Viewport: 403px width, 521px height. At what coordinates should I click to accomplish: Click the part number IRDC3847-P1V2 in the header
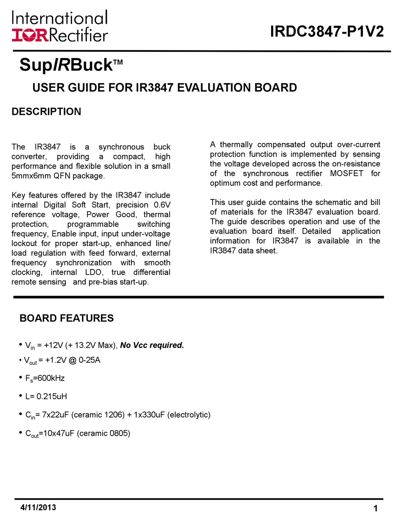pos(327,31)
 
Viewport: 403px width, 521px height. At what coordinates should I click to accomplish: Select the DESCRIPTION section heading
pos(46,112)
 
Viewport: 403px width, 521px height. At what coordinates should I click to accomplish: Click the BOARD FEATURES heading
pos(67,318)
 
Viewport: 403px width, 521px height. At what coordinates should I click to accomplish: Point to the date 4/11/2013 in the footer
pos(38,507)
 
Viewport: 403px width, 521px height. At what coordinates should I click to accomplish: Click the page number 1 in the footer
pos(376,509)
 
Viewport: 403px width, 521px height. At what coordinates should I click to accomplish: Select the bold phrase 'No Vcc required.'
pos(152,345)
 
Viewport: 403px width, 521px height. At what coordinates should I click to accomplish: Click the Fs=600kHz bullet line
pos(45,378)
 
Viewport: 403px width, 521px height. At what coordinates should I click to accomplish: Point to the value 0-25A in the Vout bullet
pos(89,360)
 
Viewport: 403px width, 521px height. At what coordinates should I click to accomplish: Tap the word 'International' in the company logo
pos(60,18)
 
